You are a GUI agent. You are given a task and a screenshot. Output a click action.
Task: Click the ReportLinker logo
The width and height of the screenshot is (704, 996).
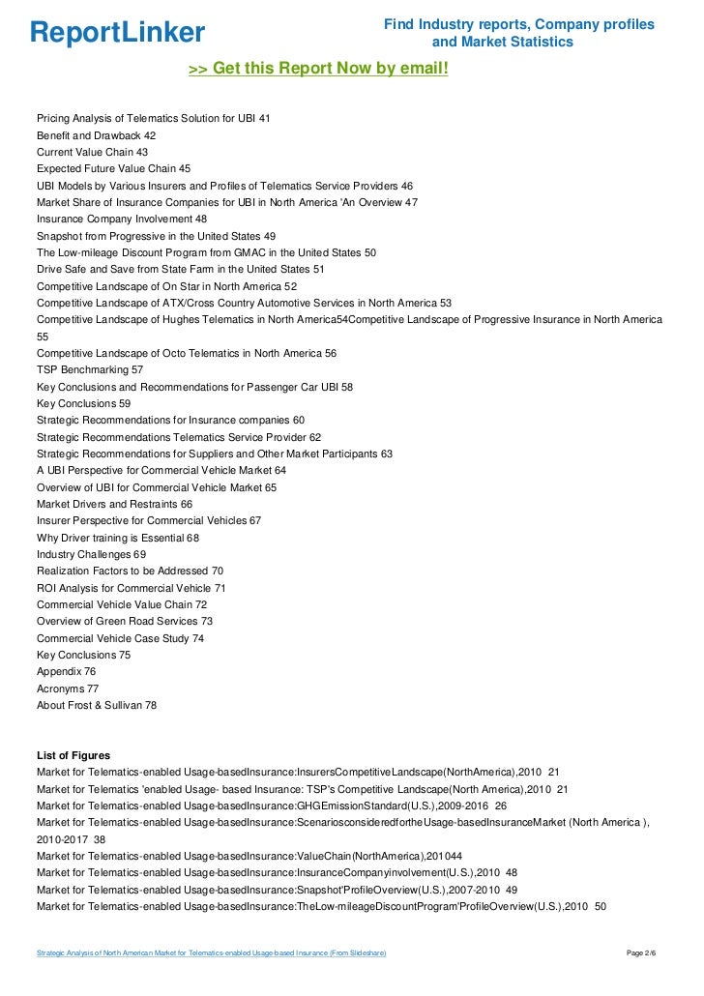pos(117,33)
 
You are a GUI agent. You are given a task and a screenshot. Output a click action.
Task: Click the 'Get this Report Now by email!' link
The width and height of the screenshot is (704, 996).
pos(318,69)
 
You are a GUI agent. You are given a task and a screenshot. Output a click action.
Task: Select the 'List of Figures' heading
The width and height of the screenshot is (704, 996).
pos(73,755)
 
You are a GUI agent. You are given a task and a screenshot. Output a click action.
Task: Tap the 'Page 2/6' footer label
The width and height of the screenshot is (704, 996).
pos(647,954)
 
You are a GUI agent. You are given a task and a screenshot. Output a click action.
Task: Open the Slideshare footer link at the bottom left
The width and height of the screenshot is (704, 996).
pos(211,954)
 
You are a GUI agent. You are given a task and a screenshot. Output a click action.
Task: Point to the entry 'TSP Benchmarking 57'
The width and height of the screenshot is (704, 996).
pos(90,369)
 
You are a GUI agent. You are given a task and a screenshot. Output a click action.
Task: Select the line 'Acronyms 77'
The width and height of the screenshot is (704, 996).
pos(68,688)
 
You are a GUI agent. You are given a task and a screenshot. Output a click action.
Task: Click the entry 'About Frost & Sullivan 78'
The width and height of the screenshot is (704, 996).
pos(97,705)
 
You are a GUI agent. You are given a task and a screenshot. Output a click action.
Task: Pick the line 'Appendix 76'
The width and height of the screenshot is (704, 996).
pos(66,671)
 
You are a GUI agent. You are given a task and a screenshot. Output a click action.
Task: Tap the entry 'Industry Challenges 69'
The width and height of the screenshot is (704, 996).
pos(91,554)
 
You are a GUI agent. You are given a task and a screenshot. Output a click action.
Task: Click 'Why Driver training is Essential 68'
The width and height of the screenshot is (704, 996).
pos(118,538)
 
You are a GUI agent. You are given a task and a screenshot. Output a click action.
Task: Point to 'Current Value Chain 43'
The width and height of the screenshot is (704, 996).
pos(92,152)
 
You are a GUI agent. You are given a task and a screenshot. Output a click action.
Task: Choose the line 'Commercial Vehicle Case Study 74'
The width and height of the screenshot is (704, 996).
pos(120,638)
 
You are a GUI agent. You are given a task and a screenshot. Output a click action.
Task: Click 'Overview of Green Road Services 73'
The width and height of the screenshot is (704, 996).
pos(125,621)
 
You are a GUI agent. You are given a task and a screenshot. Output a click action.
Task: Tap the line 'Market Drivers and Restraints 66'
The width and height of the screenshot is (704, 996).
pos(115,504)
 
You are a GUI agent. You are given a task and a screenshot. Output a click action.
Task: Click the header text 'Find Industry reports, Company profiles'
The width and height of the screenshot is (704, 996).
pos(519,24)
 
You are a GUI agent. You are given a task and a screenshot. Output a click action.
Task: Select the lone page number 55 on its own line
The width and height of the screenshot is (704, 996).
pos(43,337)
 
